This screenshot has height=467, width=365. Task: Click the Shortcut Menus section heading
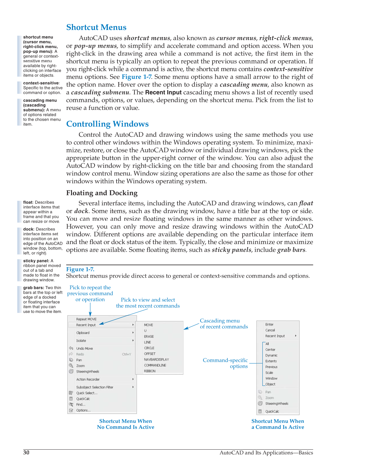pos(96,27)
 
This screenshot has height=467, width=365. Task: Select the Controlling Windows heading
pos(107,124)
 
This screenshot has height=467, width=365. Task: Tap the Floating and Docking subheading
pos(102,193)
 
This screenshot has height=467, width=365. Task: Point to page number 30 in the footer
pos(26,452)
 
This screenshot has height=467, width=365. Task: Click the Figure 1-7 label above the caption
pos(80,269)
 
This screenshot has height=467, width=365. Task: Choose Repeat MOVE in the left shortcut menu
pos(86,319)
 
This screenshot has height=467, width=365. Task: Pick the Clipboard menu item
pos(83,333)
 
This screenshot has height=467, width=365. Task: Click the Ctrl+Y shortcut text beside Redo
pos(126,354)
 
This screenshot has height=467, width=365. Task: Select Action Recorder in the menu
pos(88,380)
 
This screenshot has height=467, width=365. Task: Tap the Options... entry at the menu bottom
pos(83,410)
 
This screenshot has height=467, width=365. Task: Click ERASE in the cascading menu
pos(149,337)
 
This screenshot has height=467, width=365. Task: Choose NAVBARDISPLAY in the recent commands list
pos(156,360)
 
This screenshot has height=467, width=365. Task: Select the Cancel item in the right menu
pos(270,330)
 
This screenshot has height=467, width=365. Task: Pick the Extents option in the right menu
pos(271,361)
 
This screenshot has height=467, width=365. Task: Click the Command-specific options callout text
pos(225,363)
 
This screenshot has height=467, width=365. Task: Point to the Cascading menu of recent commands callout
pos(224,324)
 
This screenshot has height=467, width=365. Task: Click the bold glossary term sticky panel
pos(36,261)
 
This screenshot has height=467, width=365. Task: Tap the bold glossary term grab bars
pos(33,288)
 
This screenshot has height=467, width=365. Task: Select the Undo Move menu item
pos(84,349)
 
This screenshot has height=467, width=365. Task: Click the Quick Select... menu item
pos(87,393)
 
